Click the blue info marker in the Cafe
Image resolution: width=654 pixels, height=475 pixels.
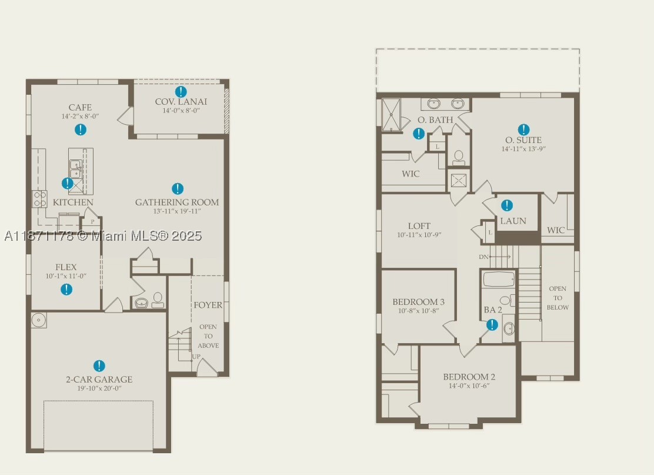(81, 129)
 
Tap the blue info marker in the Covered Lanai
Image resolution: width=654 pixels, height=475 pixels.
(181, 91)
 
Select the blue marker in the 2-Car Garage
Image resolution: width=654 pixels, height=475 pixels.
(99, 366)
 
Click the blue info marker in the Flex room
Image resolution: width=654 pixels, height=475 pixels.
(66, 289)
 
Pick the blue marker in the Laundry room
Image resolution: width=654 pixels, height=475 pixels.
(507, 205)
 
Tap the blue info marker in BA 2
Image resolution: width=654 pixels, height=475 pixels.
(492, 325)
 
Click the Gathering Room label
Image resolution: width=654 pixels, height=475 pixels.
(177, 202)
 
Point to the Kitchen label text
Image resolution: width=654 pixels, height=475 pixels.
(73, 202)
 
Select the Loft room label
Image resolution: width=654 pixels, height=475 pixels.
(419, 226)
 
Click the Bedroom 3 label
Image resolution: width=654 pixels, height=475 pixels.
(418, 301)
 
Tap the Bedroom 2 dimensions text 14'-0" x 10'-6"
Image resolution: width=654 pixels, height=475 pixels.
(469, 386)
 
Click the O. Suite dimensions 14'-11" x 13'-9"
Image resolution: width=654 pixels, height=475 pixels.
(523, 148)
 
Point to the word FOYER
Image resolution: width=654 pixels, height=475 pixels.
(208, 305)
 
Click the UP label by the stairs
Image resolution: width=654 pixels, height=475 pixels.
(196, 357)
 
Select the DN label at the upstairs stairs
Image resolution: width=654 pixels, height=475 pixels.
(483, 257)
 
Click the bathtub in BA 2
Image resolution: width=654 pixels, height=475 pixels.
(499, 280)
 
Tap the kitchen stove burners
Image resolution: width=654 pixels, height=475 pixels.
(39, 199)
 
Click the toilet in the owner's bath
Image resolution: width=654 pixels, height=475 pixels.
(459, 157)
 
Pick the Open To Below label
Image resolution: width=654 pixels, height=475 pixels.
(558, 298)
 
